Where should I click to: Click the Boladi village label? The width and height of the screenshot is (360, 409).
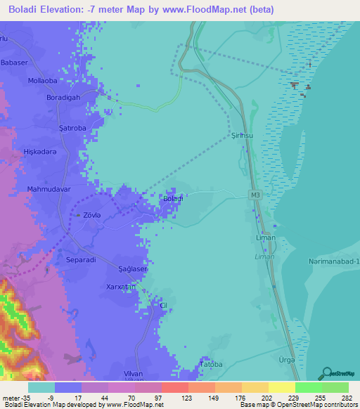(173, 199)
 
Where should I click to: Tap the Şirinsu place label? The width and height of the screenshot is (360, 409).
(240, 136)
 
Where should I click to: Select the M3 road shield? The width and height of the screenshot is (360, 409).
(254, 195)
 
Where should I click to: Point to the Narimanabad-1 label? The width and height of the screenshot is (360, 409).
(333, 261)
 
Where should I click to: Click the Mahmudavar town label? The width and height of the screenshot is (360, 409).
(49, 190)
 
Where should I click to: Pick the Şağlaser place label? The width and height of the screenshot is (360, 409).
(132, 269)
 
